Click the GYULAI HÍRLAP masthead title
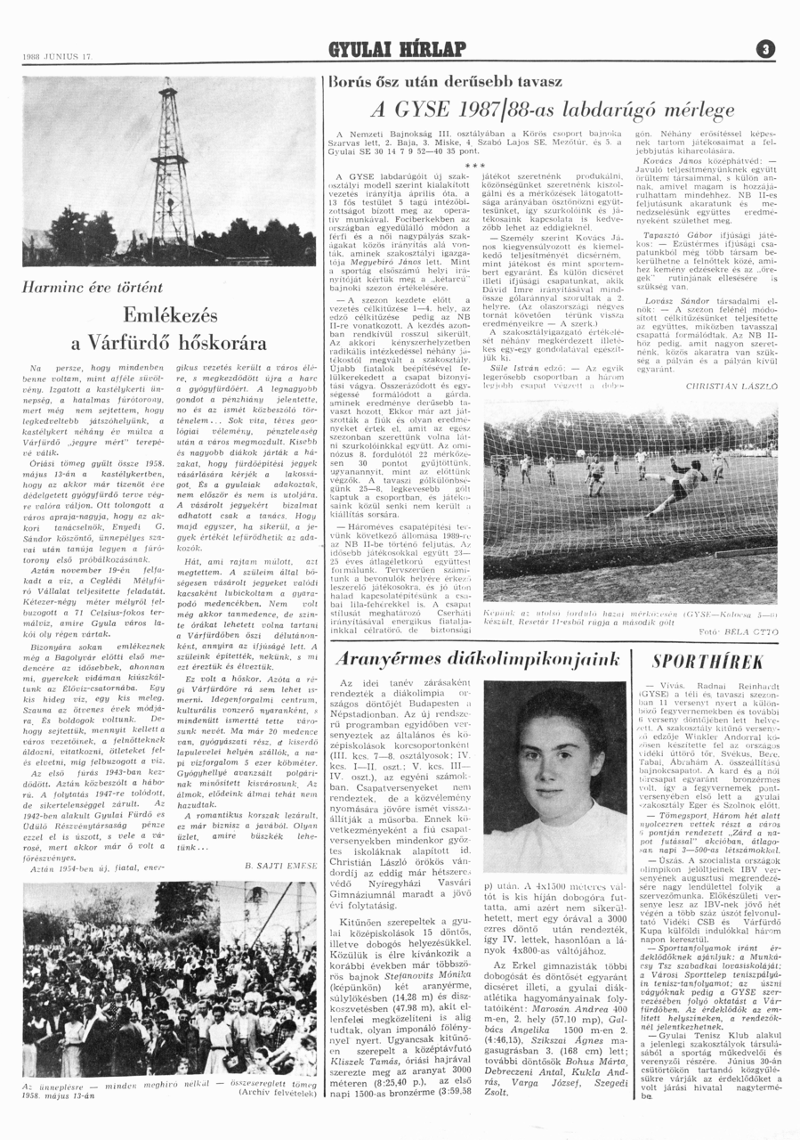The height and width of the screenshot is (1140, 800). pyautogui.click(x=399, y=49)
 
